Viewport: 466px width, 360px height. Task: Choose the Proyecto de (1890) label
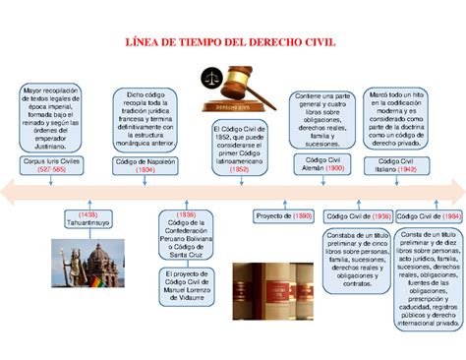(x=283, y=214)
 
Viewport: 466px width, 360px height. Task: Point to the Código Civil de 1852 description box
(x=239, y=146)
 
